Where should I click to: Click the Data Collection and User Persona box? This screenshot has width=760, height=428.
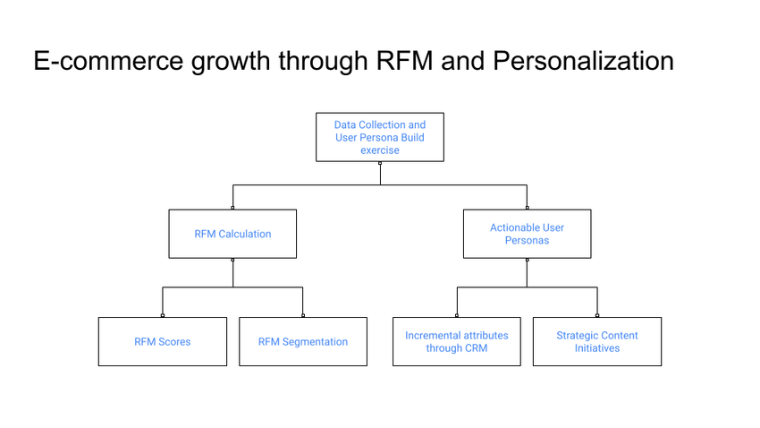point(380,137)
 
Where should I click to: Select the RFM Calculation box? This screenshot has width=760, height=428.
point(232,234)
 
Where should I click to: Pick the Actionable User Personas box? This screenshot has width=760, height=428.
point(527,234)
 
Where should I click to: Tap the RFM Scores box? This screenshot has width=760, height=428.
point(163,341)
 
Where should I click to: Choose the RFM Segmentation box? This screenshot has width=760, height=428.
point(303,341)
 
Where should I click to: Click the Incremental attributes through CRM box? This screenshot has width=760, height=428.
point(457,341)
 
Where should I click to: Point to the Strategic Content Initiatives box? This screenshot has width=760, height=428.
point(597,341)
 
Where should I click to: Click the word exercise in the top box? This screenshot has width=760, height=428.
point(380,150)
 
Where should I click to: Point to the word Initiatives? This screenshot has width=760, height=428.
point(597,348)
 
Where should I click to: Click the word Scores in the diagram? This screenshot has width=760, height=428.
point(174,342)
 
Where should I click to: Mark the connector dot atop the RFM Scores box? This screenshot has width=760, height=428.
point(163,316)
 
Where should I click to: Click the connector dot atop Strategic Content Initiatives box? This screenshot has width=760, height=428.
point(597,316)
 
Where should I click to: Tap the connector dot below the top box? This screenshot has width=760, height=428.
point(380,163)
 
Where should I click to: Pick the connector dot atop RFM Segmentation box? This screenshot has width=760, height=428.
point(303,316)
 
